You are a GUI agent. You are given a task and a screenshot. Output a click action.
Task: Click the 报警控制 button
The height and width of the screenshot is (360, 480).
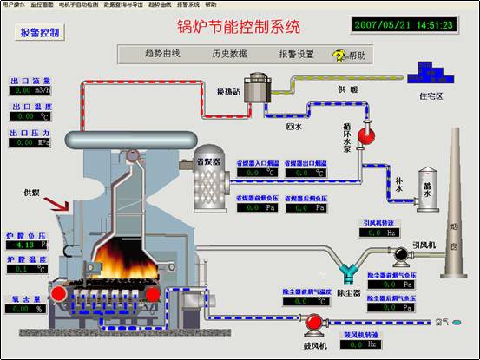39,33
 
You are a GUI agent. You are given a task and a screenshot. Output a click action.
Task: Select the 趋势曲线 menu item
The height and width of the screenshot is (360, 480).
161,54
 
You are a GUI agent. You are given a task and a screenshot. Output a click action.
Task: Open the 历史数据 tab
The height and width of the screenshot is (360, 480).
229,54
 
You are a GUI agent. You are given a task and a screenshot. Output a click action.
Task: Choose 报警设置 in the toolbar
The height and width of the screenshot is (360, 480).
296,54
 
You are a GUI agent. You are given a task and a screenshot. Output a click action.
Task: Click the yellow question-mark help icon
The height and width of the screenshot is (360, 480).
339,55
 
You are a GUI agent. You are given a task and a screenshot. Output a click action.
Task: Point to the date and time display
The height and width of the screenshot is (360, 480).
404,25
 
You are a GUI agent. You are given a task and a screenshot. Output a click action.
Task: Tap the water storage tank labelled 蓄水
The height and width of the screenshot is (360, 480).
424,186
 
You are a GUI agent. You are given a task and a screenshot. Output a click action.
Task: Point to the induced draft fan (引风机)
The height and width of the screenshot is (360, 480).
402,254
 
